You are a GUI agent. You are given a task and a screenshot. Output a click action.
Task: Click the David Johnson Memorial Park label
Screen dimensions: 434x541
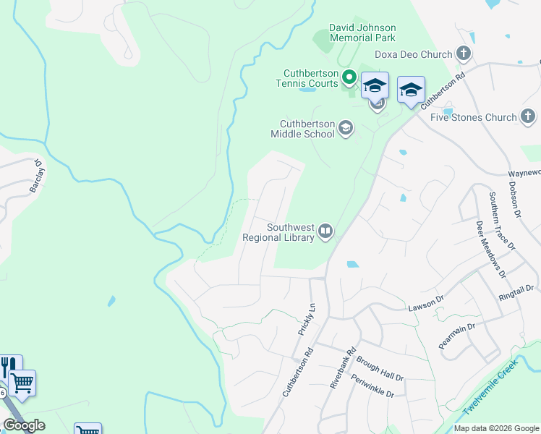[362, 33]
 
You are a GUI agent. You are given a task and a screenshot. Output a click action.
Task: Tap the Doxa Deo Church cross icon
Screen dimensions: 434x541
[464, 54]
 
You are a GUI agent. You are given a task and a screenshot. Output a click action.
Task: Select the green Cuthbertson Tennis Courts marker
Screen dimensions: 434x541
[349, 77]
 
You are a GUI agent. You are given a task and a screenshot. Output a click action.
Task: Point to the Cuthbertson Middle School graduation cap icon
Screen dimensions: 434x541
[346, 128]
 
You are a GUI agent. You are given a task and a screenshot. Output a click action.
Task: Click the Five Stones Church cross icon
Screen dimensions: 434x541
[528, 116]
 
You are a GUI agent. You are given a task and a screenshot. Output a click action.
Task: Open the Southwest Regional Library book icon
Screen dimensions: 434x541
[325, 231]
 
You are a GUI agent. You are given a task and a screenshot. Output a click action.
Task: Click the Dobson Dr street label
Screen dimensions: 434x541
[514, 198]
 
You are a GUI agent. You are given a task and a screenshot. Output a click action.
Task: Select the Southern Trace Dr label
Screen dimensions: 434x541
[500, 220]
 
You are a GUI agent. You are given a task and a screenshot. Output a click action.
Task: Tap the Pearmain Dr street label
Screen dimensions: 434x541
[456, 336]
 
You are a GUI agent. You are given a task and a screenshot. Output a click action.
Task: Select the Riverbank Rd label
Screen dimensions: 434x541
[344, 367]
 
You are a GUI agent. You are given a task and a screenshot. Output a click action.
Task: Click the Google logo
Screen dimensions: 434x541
[24, 425]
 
